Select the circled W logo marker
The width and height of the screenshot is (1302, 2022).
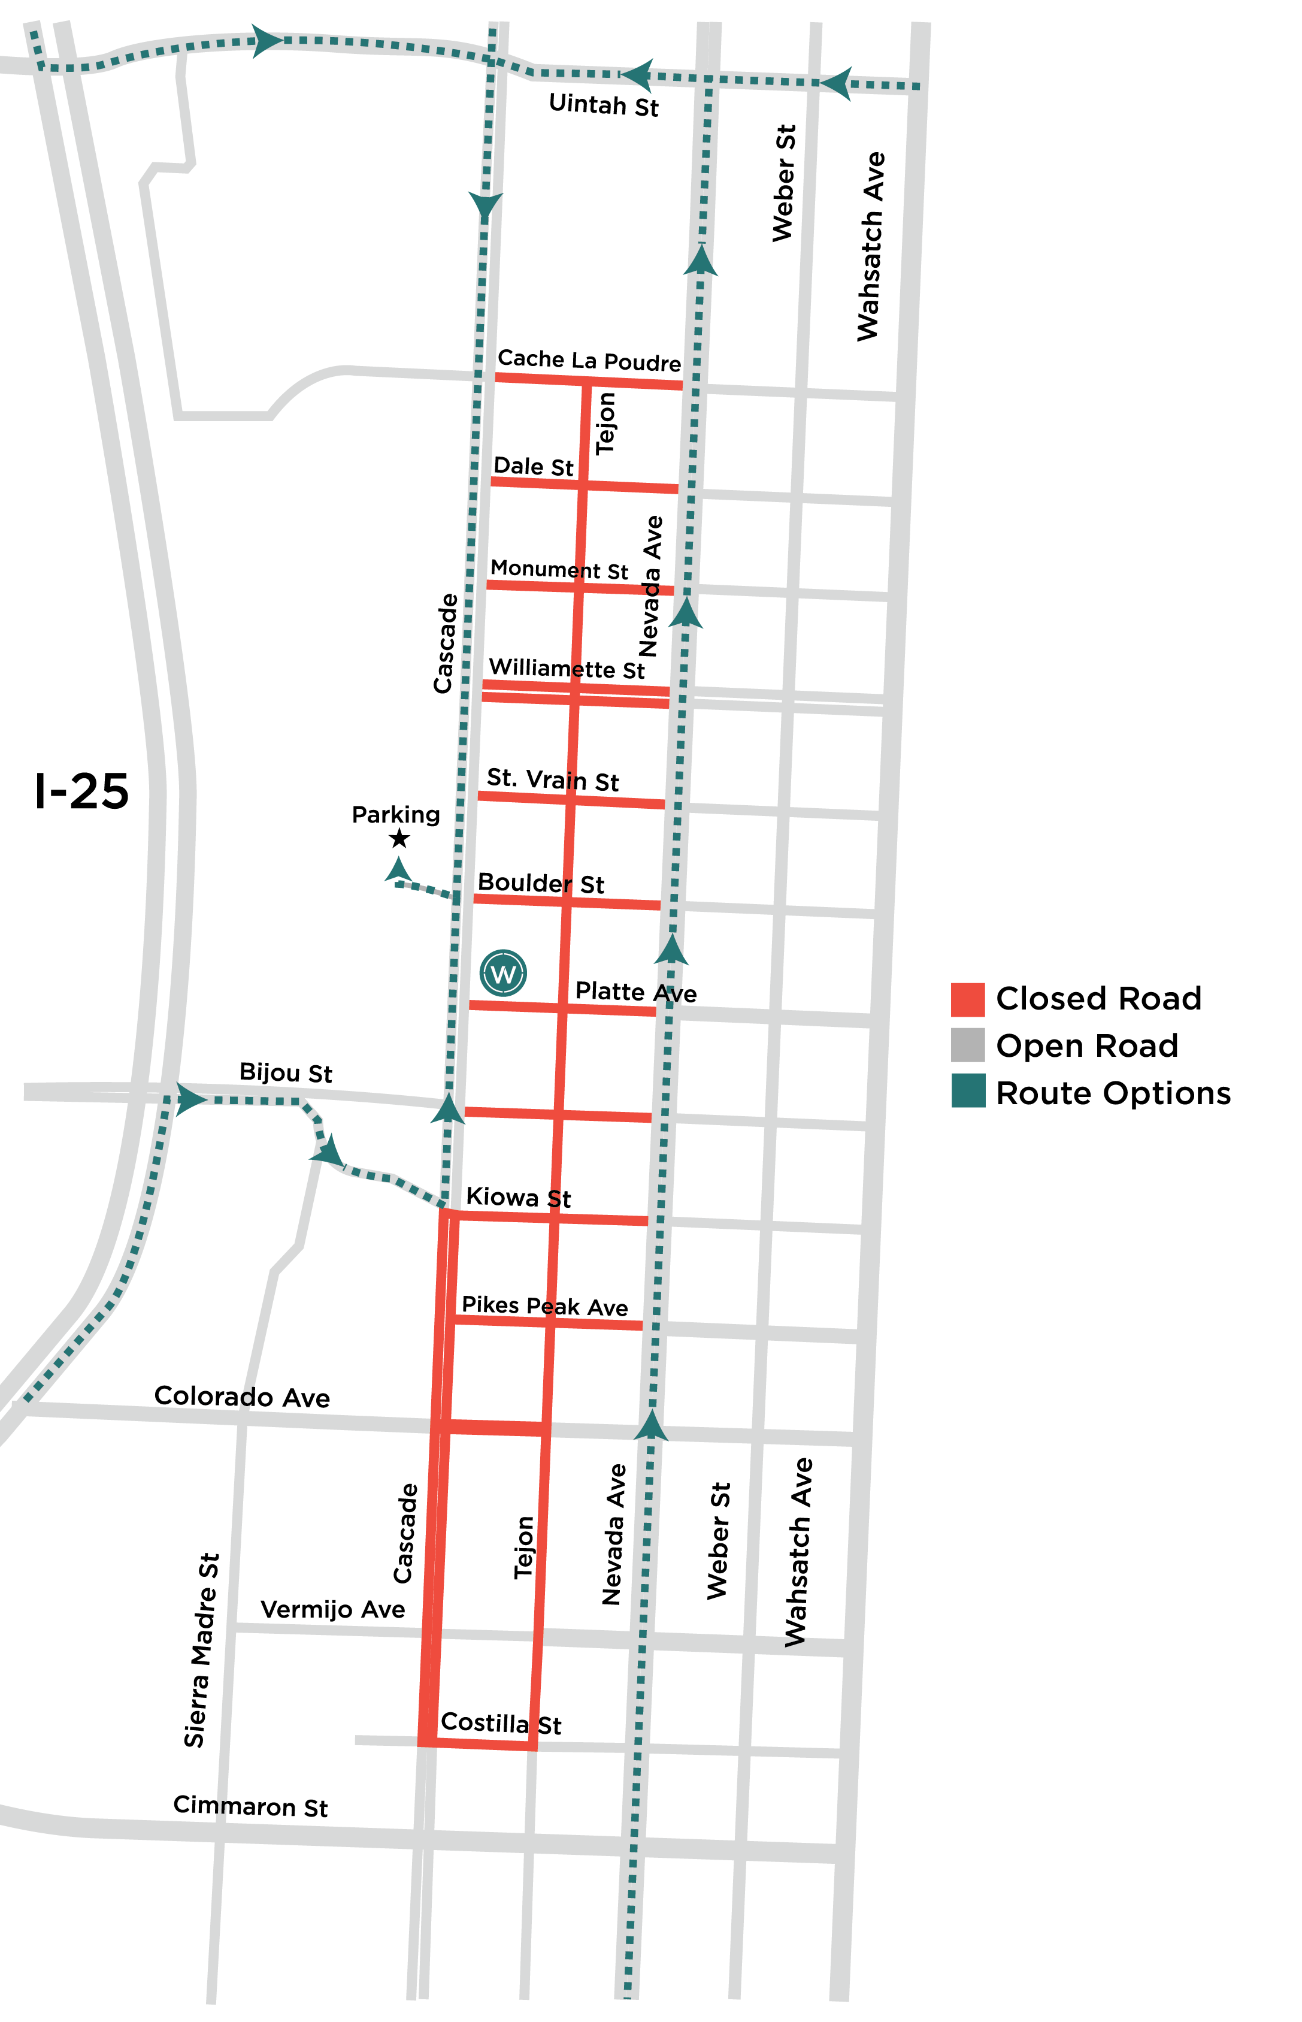tap(503, 974)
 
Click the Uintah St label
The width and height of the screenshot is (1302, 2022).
tap(603, 105)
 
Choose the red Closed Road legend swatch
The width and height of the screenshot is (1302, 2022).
tap(967, 999)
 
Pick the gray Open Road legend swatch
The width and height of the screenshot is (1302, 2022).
tap(967, 1045)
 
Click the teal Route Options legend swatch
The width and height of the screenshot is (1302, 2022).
tap(967, 1091)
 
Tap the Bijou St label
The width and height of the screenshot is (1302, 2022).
tap(286, 1072)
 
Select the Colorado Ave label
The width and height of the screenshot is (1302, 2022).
tap(242, 1396)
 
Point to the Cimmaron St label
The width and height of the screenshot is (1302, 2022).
tap(250, 1806)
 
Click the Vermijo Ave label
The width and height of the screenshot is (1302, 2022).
tap(332, 1609)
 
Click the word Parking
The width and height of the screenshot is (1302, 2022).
tap(396, 814)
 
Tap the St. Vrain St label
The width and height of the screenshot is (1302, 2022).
tap(552, 779)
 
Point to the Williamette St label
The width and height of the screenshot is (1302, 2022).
tap(567, 669)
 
